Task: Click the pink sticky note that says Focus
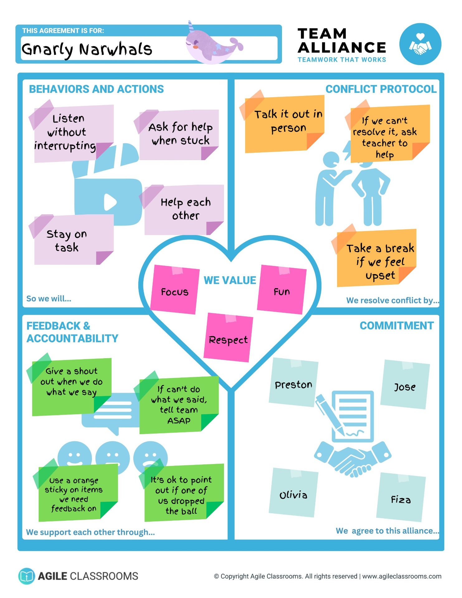pyautogui.click(x=175, y=289)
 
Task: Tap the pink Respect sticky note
pyautogui.click(x=228, y=338)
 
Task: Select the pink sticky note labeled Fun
pyautogui.click(x=282, y=289)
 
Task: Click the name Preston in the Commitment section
pyautogui.click(x=293, y=385)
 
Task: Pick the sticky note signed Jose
pyautogui.click(x=405, y=384)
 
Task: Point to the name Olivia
pyautogui.click(x=293, y=495)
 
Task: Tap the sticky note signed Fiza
pyautogui.click(x=401, y=497)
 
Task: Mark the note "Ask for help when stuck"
pyautogui.click(x=178, y=135)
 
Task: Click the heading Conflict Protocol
pyautogui.click(x=381, y=89)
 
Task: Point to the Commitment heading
pyautogui.click(x=397, y=326)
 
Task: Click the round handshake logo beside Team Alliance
pyautogui.click(x=420, y=44)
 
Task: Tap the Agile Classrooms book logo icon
pyautogui.click(x=26, y=576)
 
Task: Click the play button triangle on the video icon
pyautogui.click(x=110, y=202)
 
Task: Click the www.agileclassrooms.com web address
pyautogui.click(x=402, y=576)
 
